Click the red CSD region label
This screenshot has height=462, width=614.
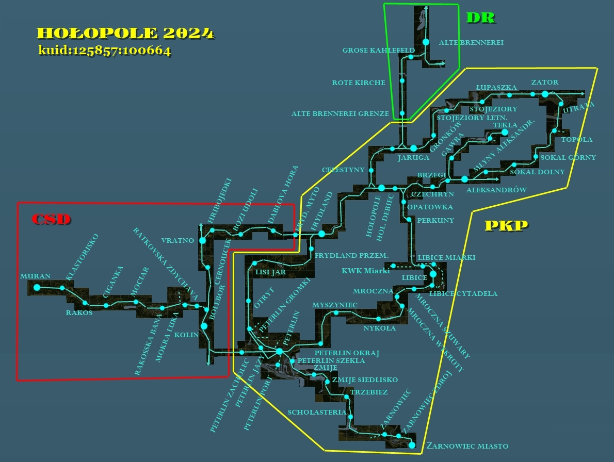coord(51,219)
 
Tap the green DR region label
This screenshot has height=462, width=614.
coord(480,18)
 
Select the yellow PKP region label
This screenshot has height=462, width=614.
coord(506,225)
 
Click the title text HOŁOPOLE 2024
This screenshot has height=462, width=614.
coord(125,33)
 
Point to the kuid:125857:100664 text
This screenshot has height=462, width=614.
coord(105,51)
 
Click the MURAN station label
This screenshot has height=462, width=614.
coord(35,276)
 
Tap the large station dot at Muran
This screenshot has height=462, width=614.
coord(37,287)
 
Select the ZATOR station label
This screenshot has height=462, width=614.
coord(544,82)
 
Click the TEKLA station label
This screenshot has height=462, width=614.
coord(505,125)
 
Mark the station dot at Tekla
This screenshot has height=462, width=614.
coord(505,133)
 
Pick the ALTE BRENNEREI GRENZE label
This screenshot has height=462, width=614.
coord(340,114)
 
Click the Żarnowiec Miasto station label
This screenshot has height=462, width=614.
coord(467,446)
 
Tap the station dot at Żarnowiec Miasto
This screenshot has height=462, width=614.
coord(412,445)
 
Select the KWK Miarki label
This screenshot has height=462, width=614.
coord(365,271)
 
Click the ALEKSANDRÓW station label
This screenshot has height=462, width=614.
coord(496,190)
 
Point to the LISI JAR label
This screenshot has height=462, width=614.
coord(270,273)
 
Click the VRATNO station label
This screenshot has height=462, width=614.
coord(177,240)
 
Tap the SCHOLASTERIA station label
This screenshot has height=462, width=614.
coord(317,412)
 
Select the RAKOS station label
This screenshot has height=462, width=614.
coord(79,312)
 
